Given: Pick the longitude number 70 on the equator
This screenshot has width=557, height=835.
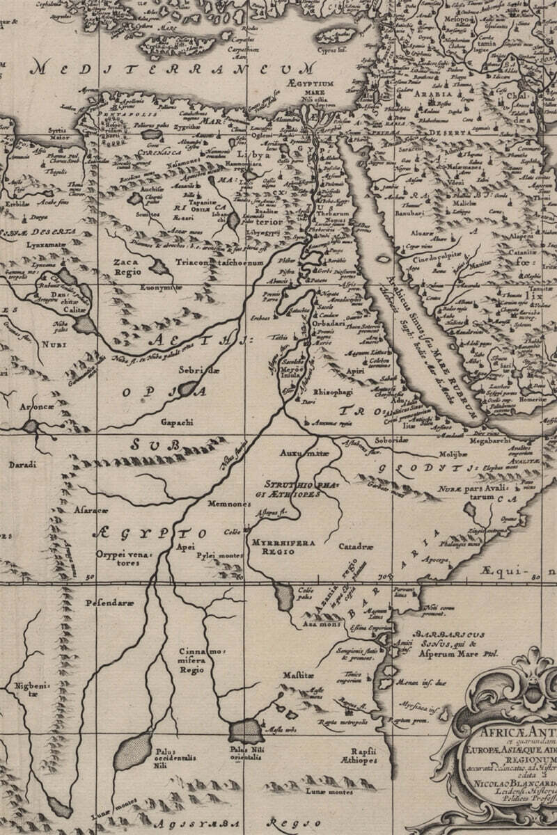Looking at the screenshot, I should (x=381, y=577).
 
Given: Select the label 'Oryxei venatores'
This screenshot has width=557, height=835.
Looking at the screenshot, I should (x=118, y=557).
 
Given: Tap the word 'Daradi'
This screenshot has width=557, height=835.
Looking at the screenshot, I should (x=22, y=463).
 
